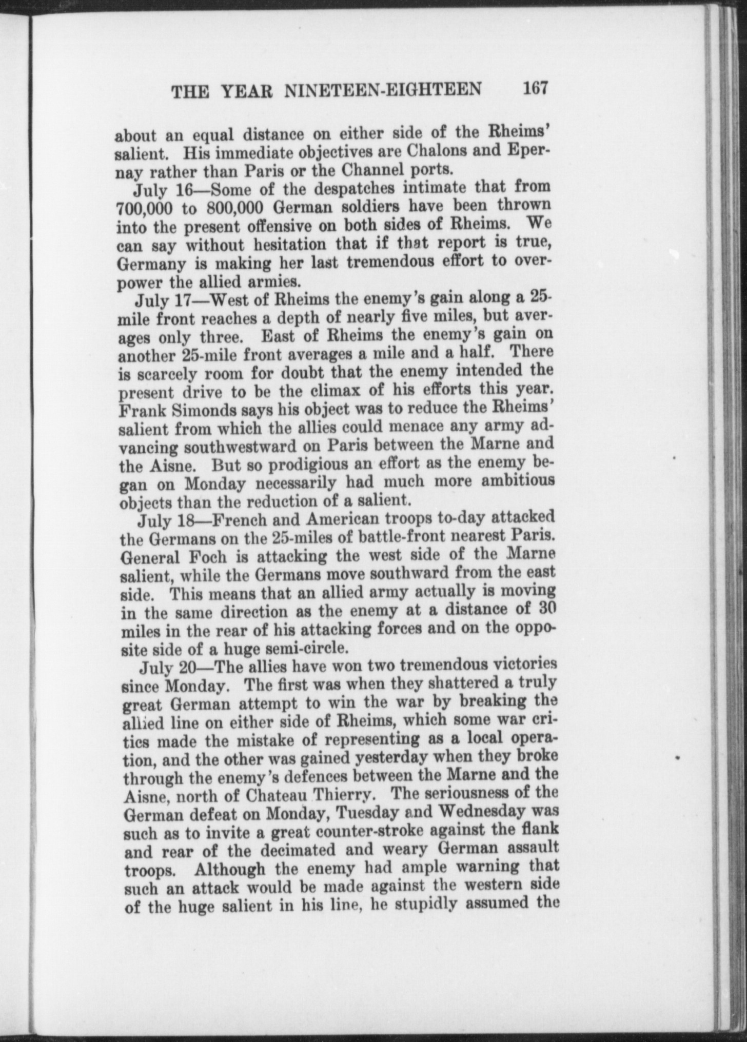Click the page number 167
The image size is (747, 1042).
coord(536,88)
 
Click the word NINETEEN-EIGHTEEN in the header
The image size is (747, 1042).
coord(383,90)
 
